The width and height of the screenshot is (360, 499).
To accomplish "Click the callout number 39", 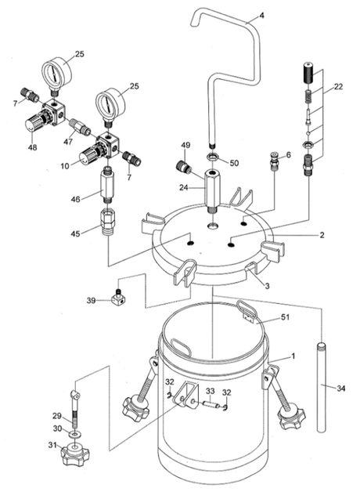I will tap(91, 300).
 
